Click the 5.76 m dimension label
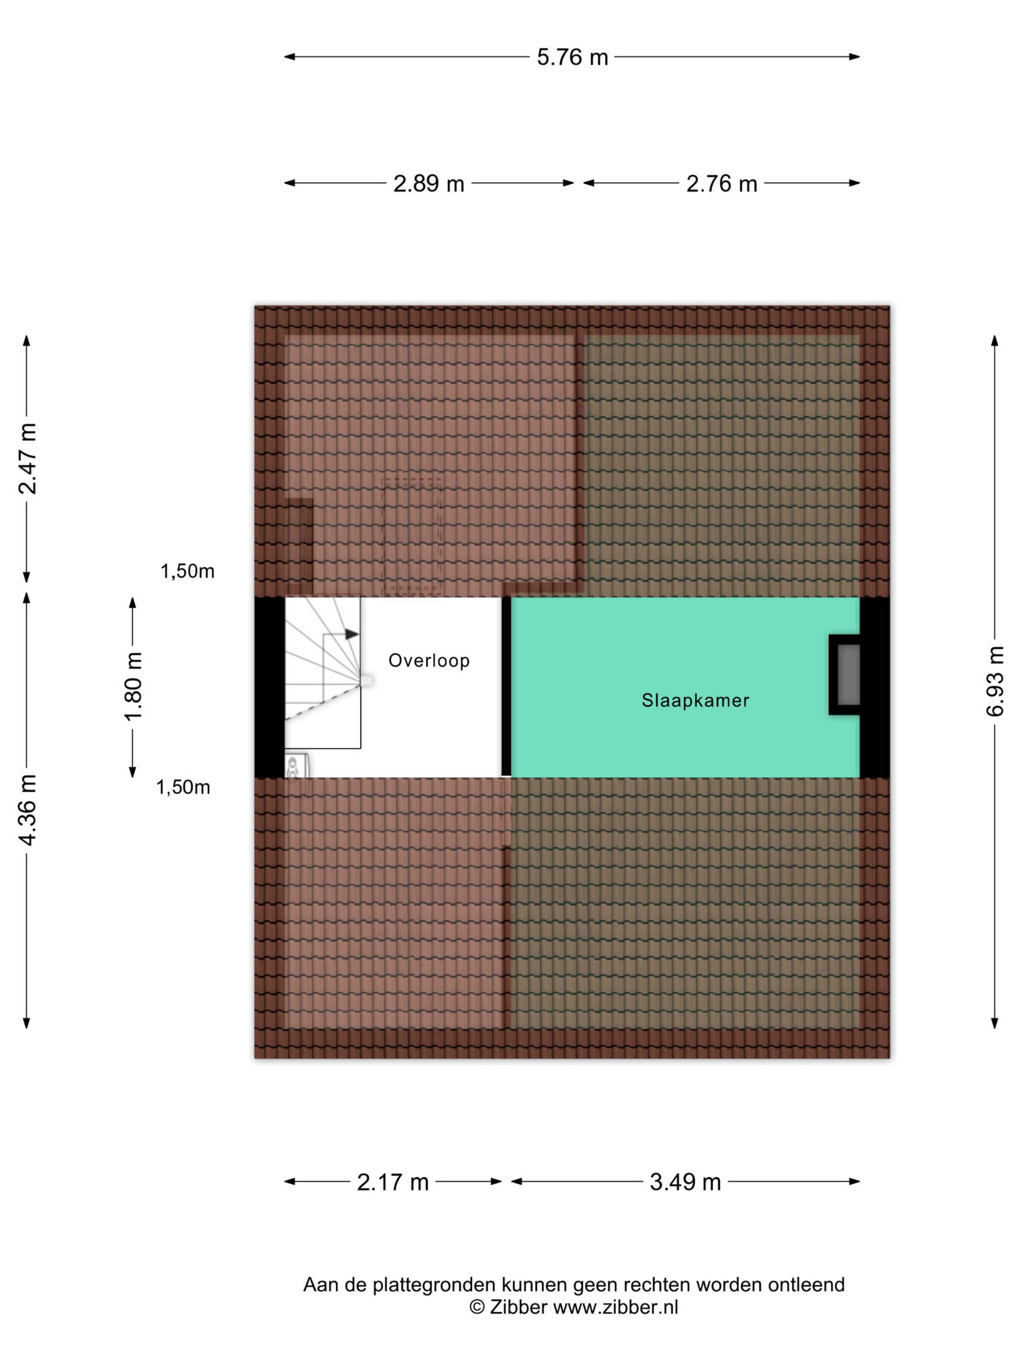coord(572,57)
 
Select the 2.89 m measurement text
coord(428,183)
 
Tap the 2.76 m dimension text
coord(721,183)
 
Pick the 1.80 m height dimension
coord(133,686)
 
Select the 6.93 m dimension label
coord(994,681)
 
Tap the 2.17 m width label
coord(393,1182)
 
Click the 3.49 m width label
coord(685,1182)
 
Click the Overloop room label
coord(429,661)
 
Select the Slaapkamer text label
coord(695,700)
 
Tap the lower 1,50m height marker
coord(183,787)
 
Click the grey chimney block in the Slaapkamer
coord(848,674)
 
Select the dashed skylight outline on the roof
coord(413,537)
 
